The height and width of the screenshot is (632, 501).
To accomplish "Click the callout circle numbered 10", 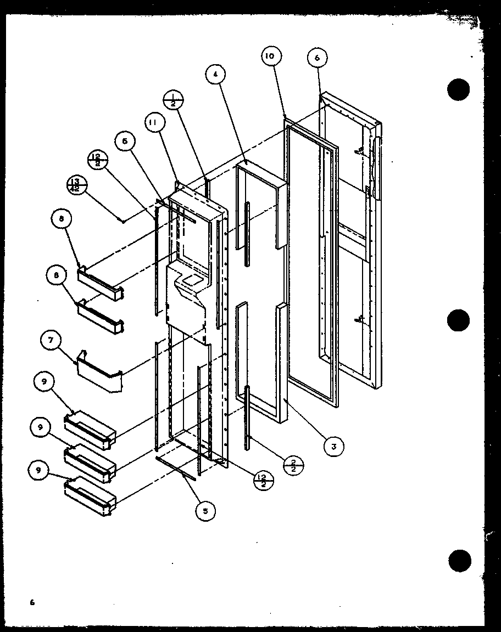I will pos(271,56).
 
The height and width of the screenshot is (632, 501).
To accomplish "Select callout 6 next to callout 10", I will pos(318,58).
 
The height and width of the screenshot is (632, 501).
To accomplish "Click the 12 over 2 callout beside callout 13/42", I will pos(97,160).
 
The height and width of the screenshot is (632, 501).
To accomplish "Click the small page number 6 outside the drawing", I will pos(32,602).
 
